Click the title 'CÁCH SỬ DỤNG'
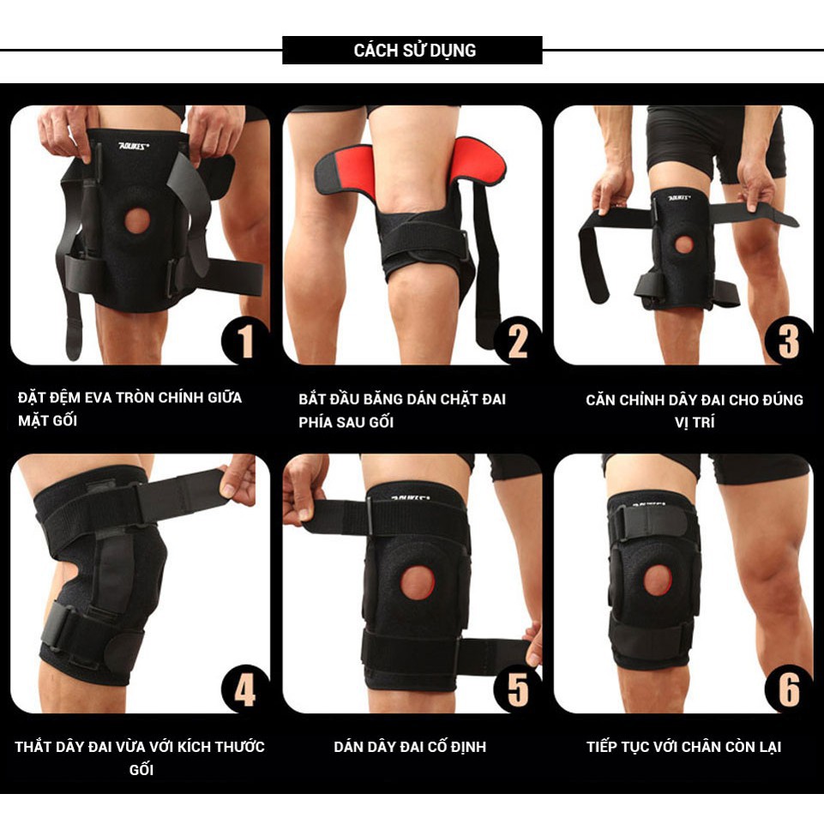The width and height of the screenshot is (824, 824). point(415,51)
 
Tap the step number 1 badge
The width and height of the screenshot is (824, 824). point(246,341)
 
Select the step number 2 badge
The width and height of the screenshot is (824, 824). point(518,341)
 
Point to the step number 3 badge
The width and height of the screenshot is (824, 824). point(788,341)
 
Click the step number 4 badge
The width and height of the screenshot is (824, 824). point(246,689)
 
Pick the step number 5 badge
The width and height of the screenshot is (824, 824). point(518,689)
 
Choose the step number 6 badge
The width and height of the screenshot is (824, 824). point(788,689)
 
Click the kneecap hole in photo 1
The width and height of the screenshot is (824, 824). point(138,220)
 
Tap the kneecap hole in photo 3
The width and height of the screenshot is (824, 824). point(683,244)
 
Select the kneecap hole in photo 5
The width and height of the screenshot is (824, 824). point(418,582)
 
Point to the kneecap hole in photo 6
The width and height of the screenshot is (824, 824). point(658,580)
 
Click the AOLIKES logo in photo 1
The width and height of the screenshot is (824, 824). point(134,145)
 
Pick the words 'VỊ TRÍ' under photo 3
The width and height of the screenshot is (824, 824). point(695,422)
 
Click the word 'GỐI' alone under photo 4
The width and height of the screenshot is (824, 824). point(141,770)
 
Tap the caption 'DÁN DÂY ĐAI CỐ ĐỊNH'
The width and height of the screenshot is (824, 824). point(410,747)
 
